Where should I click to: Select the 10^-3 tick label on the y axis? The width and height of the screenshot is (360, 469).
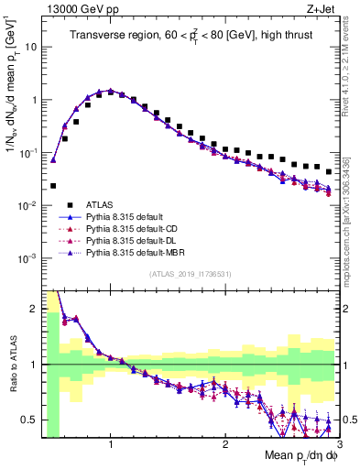point(27,258)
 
